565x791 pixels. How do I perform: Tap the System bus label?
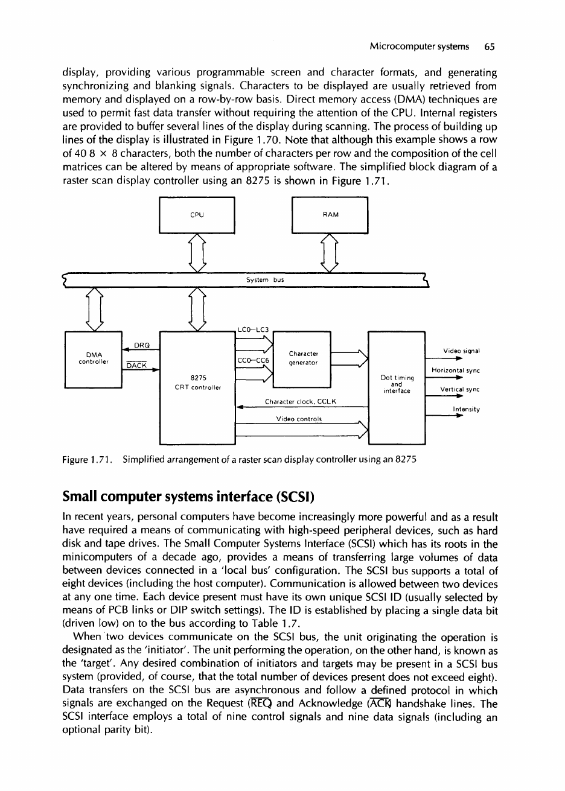(261, 279)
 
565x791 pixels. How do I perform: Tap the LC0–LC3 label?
(254, 329)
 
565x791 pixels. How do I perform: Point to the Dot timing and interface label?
(396, 384)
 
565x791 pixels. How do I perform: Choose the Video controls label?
(301, 420)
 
